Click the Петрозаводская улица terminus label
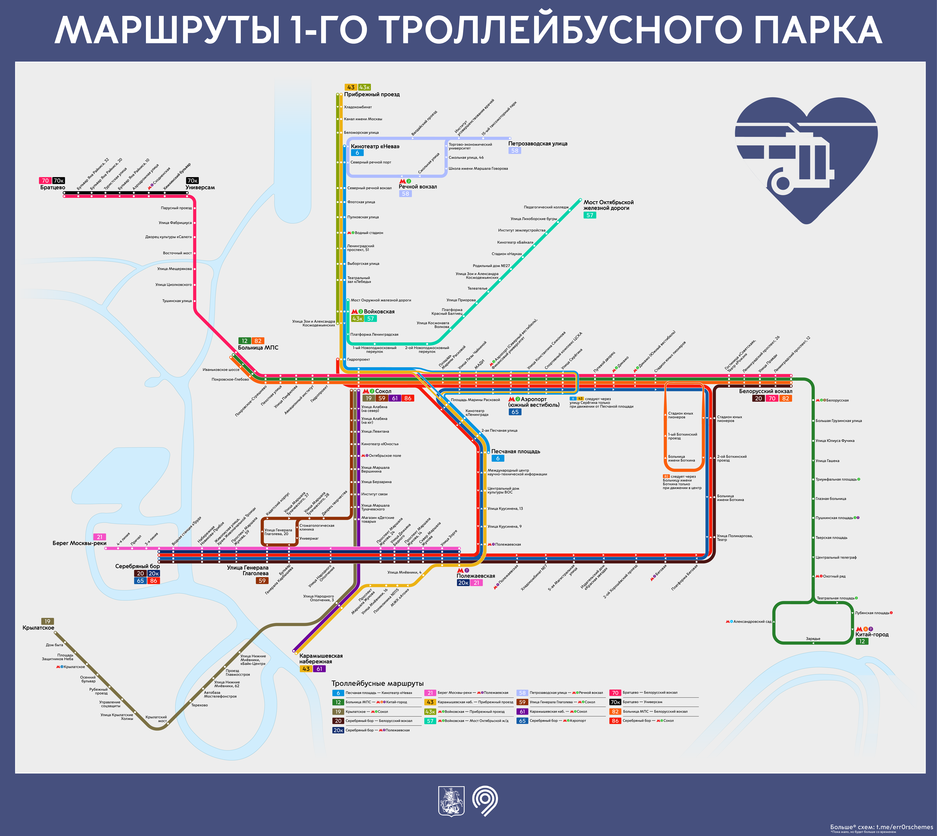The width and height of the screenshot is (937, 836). click(x=538, y=144)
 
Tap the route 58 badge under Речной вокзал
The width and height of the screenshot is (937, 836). click(x=405, y=194)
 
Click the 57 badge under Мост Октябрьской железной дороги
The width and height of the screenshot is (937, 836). click(x=589, y=215)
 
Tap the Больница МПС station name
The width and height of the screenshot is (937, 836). click(x=258, y=348)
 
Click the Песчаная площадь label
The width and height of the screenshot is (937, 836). click(x=515, y=451)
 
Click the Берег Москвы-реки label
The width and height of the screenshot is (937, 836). click(x=79, y=543)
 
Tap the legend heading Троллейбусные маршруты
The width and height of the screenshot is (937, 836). click(x=377, y=684)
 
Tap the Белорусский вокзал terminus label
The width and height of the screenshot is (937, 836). click(x=766, y=391)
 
